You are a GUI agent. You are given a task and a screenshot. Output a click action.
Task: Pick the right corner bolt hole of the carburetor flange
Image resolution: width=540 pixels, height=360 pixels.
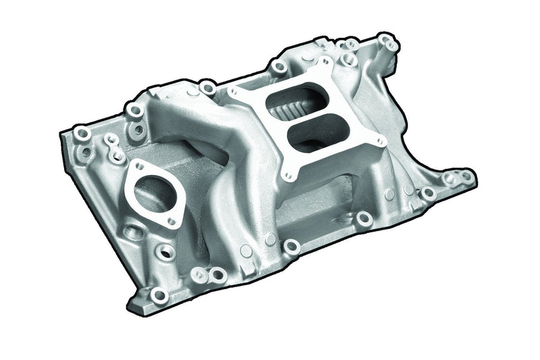point(382,141)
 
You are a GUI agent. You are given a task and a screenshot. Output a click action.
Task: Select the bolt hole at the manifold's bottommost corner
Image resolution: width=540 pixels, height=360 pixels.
point(159,295)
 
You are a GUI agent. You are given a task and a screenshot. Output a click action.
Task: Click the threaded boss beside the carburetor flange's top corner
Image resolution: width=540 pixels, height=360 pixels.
point(277,68)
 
